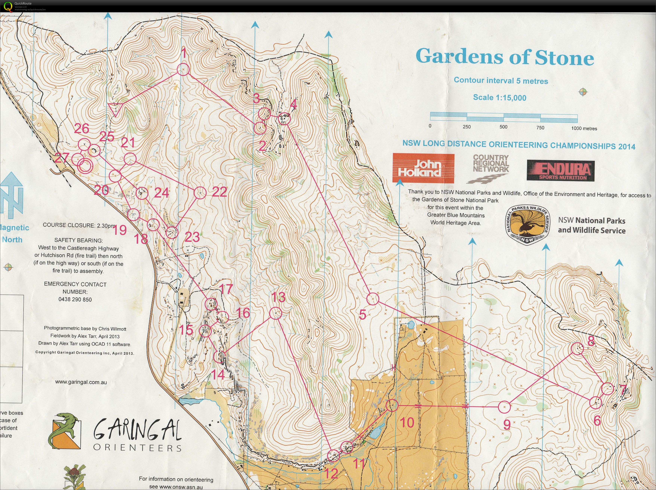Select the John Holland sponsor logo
tap(423, 168)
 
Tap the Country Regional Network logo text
tap(491, 164)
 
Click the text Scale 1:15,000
tap(500, 98)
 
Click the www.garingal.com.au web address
tap(81, 382)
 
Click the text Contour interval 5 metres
tap(501, 81)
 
